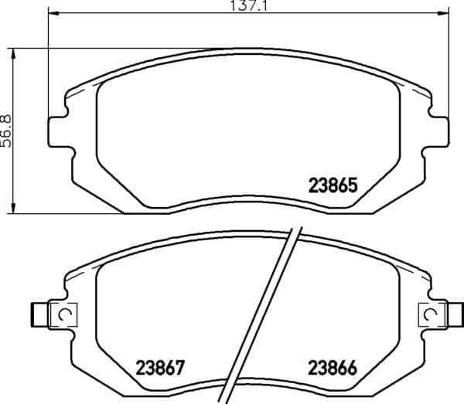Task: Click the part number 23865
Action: pyautogui.click(x=333, y=185)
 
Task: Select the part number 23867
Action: pyautogui.click(x=160, y=368)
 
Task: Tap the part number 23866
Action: pyautogui.click(x=333, y=368)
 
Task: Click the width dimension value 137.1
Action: pyautogui.click(x=248, y=5)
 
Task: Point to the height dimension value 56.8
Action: pyautogui.click(x=6, y=131)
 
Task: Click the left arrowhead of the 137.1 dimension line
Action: pyautogui.click(x=53, y=12)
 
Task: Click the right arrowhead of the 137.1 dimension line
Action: pyautogui.click(x=443, y=12)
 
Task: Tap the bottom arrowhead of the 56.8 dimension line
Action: pyautogui.click(x=12, y=208)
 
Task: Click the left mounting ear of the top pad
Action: pyautogui.click(x=58, y=131)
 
